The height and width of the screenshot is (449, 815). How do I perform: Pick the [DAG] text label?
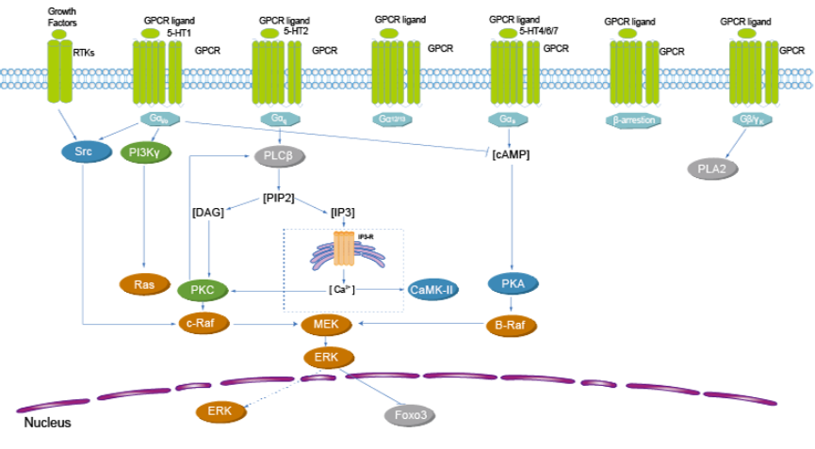point(207,213)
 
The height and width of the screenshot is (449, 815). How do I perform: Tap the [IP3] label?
point(343,213)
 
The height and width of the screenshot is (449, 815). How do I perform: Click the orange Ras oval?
point(143,282)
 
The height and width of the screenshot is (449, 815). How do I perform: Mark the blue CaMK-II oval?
point(433,290)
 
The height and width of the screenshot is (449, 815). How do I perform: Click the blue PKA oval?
point(513,282)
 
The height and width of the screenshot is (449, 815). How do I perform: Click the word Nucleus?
point(47,424)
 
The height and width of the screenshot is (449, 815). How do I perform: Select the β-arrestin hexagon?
point(633,120)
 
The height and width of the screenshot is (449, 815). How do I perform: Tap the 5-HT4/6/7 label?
point(544,31)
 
